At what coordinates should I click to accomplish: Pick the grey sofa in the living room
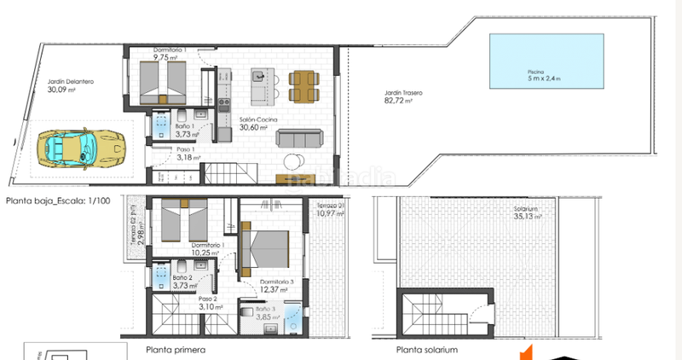[297, 138]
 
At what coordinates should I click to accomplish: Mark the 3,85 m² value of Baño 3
[270, 317]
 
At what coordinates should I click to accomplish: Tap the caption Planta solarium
[427, 350]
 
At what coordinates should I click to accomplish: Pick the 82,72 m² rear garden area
[399, 101]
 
